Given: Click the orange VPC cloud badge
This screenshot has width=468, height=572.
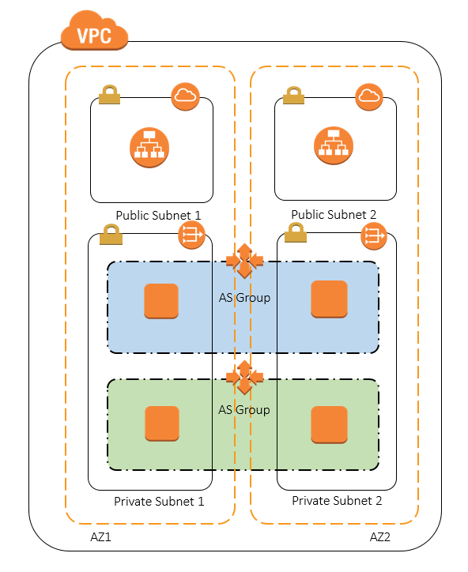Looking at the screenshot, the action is (95, 31).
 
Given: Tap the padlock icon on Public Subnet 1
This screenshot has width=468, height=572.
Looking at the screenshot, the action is (110, 95).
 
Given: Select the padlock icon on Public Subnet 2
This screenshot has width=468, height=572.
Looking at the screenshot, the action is (293, 96).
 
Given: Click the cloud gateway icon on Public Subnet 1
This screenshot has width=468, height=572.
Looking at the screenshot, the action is (186, 96).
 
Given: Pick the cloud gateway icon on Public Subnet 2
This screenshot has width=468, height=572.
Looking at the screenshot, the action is (369, 96).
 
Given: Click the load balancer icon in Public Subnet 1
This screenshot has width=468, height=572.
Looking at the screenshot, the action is (149, 148).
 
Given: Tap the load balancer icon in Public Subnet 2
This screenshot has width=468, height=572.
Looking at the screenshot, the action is (334, 146).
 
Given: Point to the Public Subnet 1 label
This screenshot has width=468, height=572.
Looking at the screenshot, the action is (158, 215).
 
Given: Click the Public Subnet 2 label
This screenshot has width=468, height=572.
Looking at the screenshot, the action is (334, 215).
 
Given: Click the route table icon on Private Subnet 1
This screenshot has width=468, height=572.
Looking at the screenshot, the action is (191, 235).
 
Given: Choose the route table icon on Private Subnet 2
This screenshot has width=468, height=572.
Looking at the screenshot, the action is (373, 236).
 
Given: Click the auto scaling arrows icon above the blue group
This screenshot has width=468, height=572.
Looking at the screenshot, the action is (244, 261).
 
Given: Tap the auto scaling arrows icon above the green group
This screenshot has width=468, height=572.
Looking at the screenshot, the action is (244, 378).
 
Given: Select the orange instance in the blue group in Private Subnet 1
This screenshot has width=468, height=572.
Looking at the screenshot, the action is (161, 301).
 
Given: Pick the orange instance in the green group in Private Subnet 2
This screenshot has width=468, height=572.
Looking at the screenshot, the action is (329, 424).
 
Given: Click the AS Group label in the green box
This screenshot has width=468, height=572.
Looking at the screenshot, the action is (244, 410).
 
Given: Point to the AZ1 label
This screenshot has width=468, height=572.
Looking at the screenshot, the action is (100, 537).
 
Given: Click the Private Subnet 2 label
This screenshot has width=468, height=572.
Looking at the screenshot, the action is (337, 501).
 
